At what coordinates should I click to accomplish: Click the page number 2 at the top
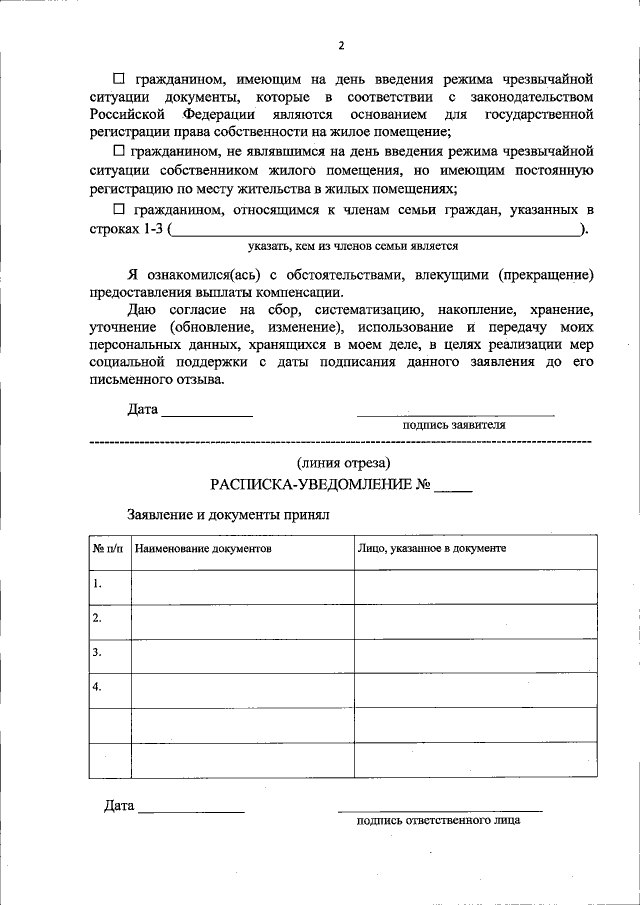(x=341, y=46)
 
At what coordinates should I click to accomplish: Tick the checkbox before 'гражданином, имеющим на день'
(x=118, y=78)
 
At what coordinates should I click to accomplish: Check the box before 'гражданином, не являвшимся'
(x=118, y=152)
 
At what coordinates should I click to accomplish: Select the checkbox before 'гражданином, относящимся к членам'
(x=118, y=210)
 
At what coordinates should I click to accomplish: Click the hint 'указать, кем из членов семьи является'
(x=353, y=245)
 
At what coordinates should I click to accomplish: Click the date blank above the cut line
(x=207, y=411)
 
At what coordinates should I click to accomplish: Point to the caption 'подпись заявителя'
(x=454, y=424)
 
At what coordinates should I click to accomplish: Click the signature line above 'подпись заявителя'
(x=456, y=413)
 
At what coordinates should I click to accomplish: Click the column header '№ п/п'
(x=108, y=549)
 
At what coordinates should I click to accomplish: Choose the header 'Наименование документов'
(x=203, y=549)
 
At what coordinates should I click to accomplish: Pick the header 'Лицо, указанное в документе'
(x=432, y=549)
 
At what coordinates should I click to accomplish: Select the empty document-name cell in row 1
(x=241, y=586)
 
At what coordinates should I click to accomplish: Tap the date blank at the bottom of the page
(x=191, y=808)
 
